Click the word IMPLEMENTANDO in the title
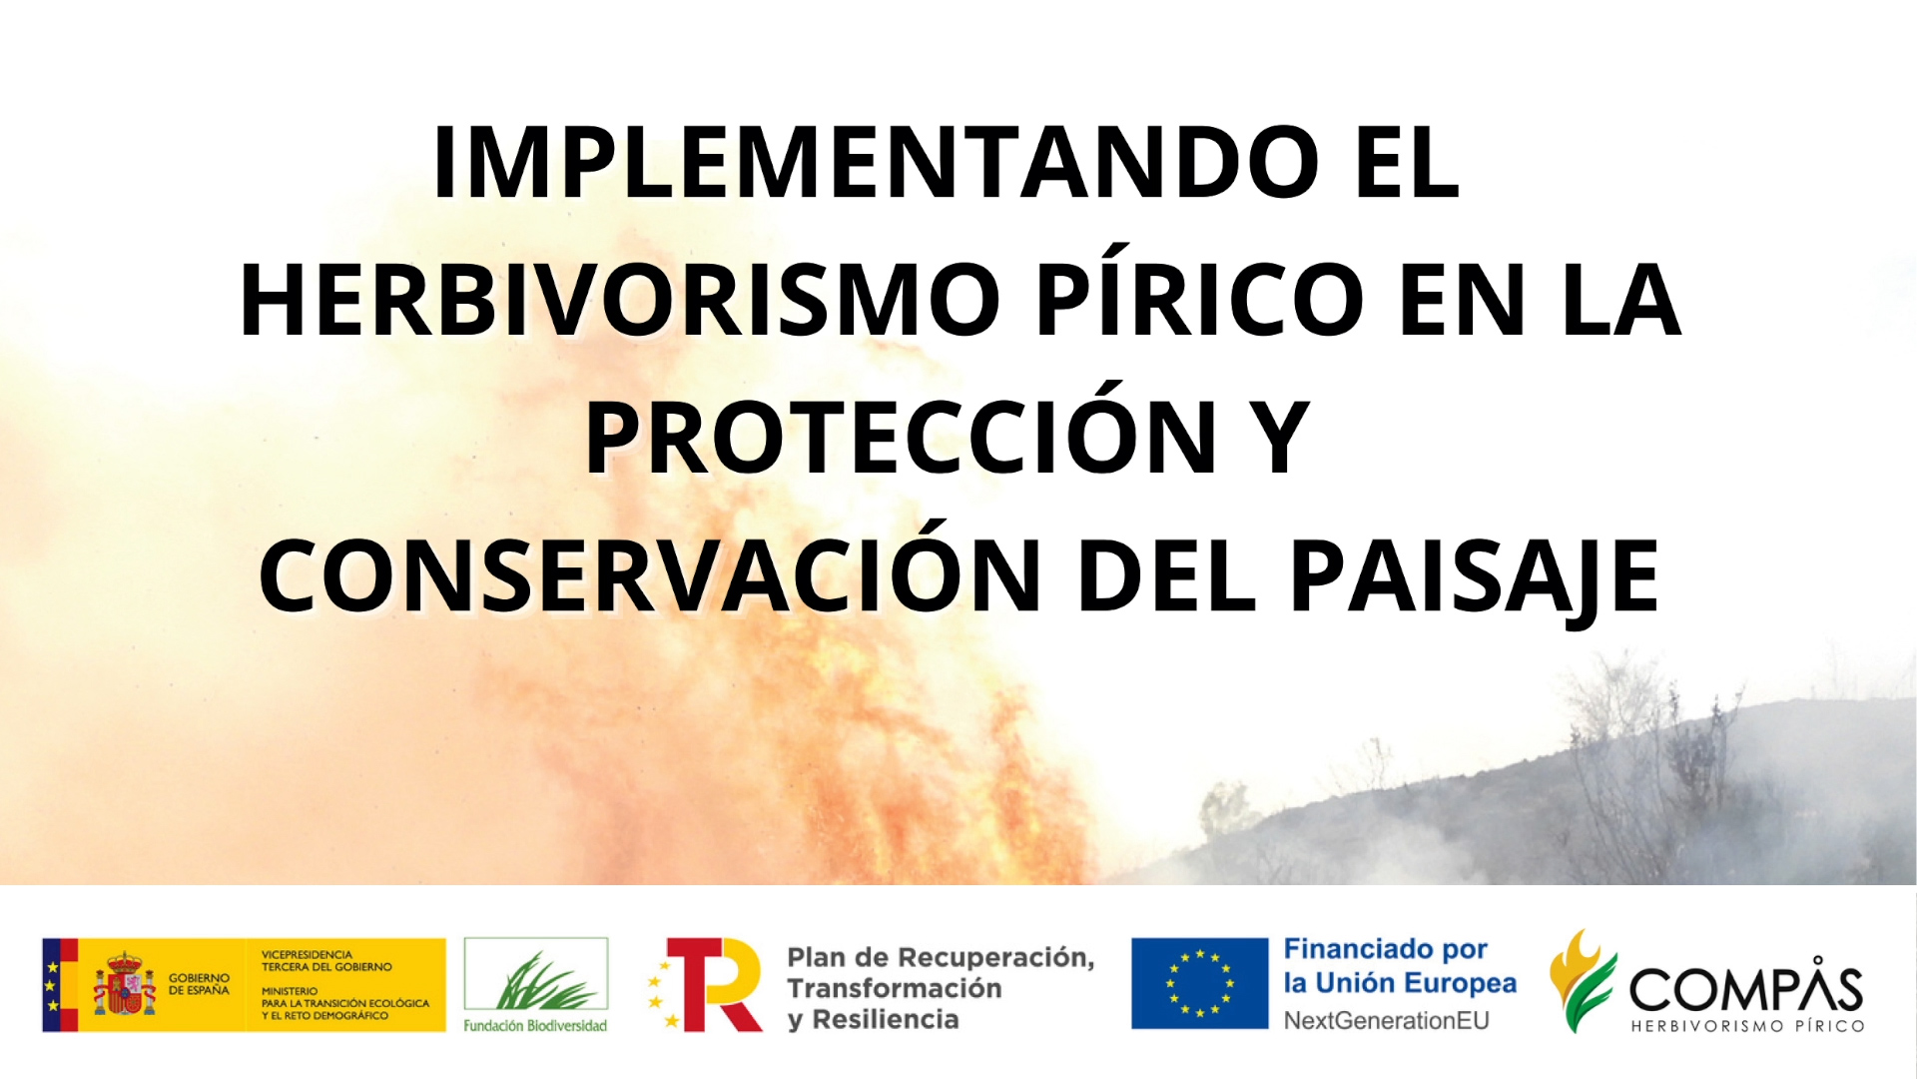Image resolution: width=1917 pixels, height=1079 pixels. pyautogui.click(x=876, y=162)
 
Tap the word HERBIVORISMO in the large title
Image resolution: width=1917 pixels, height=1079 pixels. pyautogui.click(x=620, y=300)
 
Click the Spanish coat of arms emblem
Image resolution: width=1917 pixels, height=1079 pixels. pyautogui.click(x=125, y=983)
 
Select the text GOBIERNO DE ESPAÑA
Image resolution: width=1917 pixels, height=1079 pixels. pyautogui.click(x=199, y=984)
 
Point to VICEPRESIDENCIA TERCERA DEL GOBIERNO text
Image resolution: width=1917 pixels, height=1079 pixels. pyautogui.click(x=326, y=961)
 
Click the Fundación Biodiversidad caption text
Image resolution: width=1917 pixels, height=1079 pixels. pyautogui.click(x=535, y=1025)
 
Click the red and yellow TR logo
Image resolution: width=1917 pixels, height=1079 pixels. pyautogui.click(x=705, y=984)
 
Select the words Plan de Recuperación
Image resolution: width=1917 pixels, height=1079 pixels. pyautogui.click(x=941, y=957)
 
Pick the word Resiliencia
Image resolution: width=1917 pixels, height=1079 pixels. pyautogui.click(x=886, y=1019)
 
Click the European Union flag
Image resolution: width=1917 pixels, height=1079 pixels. pyautogui.click(x=1199, y=983)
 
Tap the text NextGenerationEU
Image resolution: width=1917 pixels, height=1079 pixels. pyautogui.click(x=1386, y=1020)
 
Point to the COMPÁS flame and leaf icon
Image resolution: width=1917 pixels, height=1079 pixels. pyautogui.click(x=1582, y=981)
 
